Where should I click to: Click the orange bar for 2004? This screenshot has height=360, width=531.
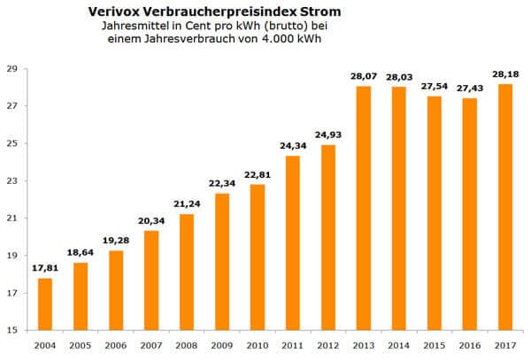point(45,304)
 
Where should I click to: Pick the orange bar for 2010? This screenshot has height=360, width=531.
point(257,257)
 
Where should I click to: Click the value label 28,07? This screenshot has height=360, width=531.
point(363,77)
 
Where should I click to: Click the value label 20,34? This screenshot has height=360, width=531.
point(150,221)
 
